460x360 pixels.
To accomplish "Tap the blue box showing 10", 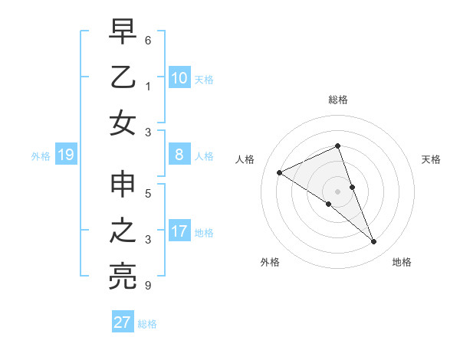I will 179,78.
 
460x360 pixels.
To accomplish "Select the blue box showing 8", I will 179,155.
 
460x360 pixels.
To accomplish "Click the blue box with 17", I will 179,232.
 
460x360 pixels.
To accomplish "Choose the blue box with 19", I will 66,155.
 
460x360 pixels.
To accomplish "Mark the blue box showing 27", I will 123,322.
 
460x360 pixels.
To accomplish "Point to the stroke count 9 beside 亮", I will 147,286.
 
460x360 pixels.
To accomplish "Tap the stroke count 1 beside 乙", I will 147,86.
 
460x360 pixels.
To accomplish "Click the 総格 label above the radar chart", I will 338,100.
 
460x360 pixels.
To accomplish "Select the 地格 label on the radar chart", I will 402,262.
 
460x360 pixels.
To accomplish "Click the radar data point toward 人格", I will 280,172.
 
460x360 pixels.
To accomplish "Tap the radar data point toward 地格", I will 374,242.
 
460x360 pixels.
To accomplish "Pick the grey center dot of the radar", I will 338,191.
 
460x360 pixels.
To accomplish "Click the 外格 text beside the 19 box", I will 41,156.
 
